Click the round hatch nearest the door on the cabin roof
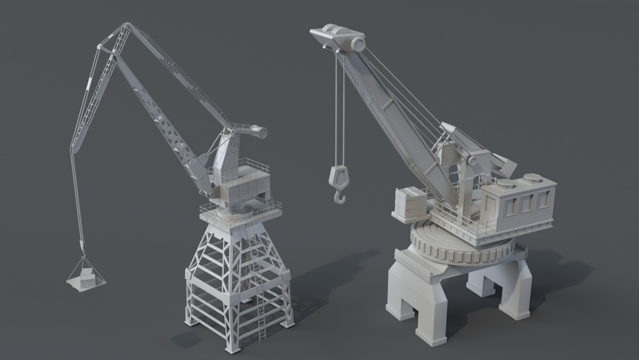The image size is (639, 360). (504, 184)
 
